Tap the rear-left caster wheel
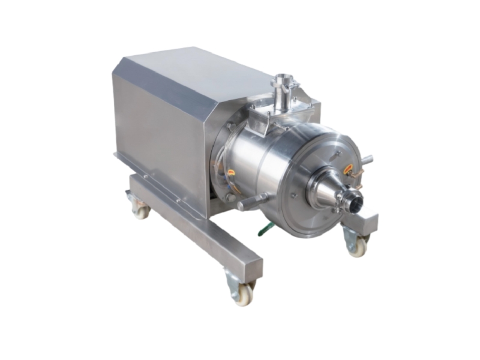click(x=140, y=210)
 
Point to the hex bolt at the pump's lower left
click(x=230, y=196)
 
